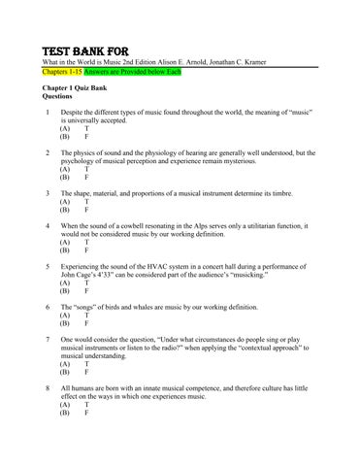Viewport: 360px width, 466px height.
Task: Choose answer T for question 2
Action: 87,170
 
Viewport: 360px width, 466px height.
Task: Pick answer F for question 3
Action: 87,210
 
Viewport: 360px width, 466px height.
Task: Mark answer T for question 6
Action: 87,316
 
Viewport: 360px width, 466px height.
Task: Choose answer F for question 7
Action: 87,372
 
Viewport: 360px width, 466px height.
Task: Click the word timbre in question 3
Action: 299,193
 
